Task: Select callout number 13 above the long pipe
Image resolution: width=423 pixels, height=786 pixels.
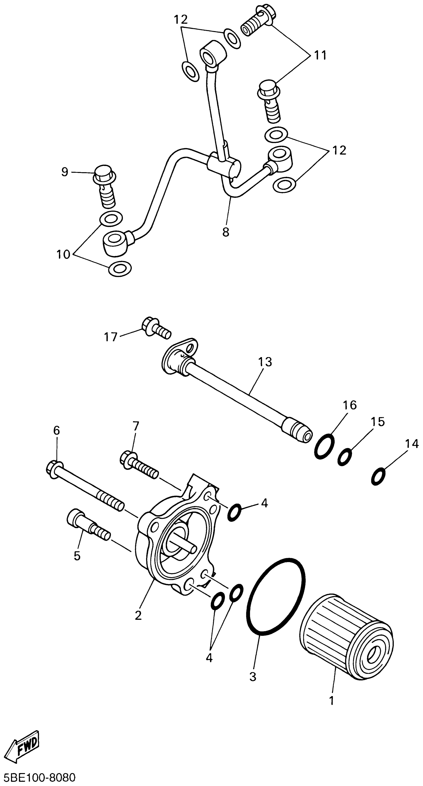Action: point(265,362)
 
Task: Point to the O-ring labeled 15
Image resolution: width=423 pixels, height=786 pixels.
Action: point(345,456)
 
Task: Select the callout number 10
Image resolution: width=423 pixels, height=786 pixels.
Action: point(63,254)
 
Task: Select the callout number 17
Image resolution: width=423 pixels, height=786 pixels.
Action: point(110,337)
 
